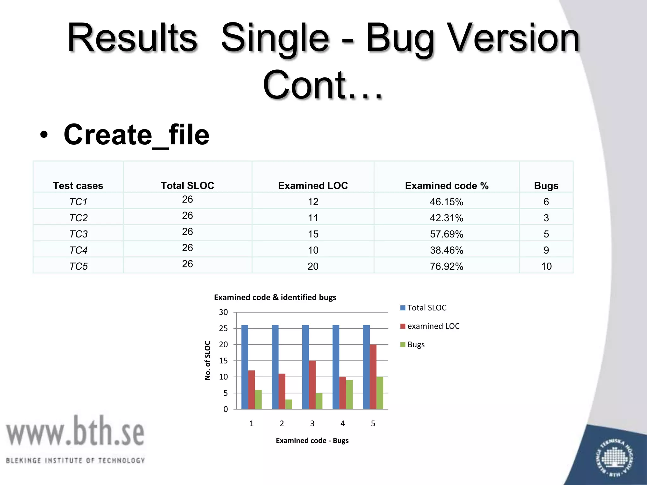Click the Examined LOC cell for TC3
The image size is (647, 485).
tap(313, 234)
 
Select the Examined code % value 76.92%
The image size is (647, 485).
tap(446, 266)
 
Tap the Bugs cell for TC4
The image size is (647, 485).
tap(546, 250)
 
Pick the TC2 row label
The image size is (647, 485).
tap(78, 218)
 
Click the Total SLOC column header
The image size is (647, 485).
tap(187, 186)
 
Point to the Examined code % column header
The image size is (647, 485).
tap(446, 186)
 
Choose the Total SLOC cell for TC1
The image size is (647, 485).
tap(187, 200)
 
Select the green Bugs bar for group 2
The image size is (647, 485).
tap(288, 404)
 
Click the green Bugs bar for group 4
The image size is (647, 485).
tap(349, 394)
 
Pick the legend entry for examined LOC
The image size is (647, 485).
tap(430, 326)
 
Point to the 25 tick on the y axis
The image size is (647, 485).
tap(223, 328)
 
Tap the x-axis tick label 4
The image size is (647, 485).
tap(342, 423)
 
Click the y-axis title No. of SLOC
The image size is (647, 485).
tap(208, 360)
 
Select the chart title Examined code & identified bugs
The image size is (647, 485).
tap(275, 297)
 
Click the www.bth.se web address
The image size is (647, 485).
tap(75, 431)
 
